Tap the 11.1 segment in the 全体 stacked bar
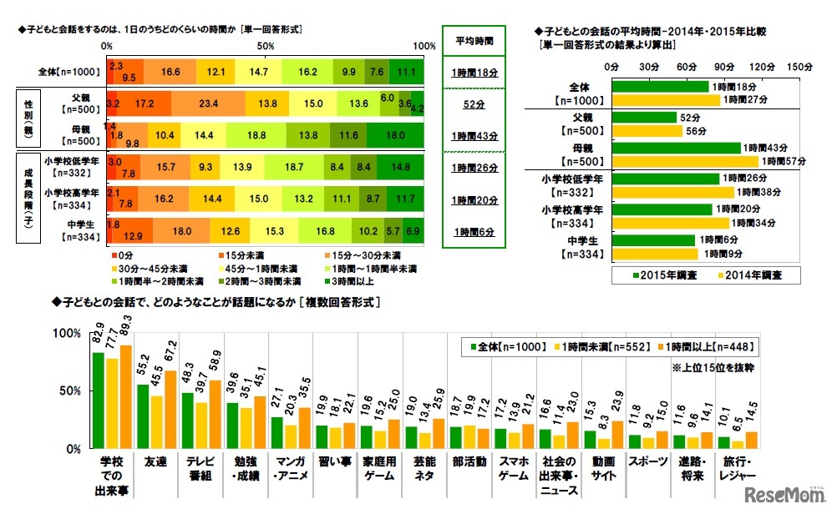[x=407, y=73]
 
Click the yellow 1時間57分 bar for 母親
[x=686, y=161]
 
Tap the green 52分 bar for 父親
[x=645, y=118]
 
